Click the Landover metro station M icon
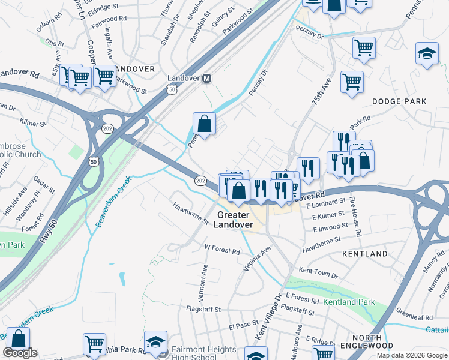207,79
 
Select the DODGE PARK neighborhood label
399,101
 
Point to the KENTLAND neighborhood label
365,254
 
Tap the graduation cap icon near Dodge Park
427,53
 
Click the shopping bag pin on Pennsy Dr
205,124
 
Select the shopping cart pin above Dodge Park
352,82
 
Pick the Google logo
20,353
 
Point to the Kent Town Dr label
318,272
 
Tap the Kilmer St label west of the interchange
32,122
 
